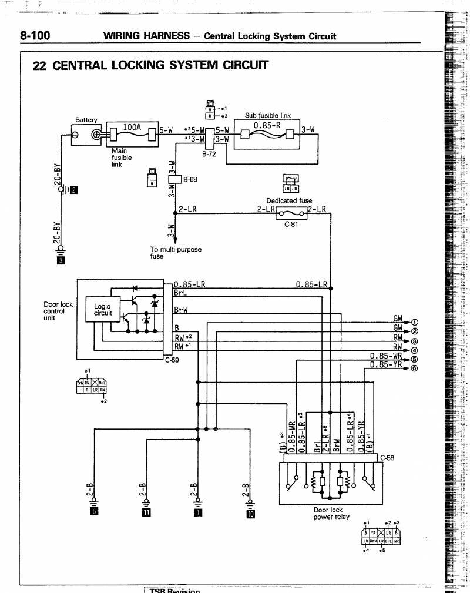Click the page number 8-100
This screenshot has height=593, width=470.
(35, 36)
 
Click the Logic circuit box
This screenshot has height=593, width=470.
(102, 310)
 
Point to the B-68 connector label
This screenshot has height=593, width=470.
(189, 180)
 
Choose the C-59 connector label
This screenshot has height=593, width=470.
(172, 360)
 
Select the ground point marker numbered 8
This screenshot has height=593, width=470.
(93, 511)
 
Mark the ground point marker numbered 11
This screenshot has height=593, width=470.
(146, 511)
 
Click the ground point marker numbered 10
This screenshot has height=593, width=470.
(251, 513)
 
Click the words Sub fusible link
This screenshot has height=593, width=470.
(268, 116)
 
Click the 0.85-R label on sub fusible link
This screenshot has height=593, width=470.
(267, 126)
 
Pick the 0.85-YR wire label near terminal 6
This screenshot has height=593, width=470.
(386, 364)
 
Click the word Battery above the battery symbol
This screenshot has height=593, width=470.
(86, 120)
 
